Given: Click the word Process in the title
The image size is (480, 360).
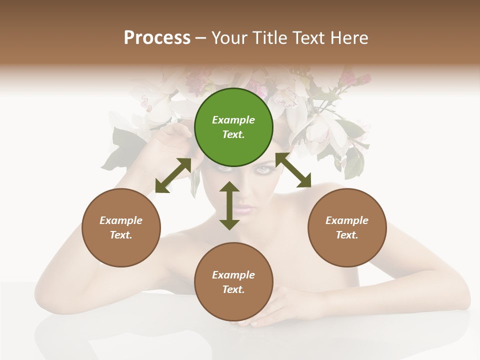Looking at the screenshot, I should coord(157,38).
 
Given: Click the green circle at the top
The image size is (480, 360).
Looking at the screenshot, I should coord(233,100).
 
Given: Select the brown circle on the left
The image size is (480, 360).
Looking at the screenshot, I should coord(121,250).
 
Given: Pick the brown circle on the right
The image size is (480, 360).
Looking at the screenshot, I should coord(347,250).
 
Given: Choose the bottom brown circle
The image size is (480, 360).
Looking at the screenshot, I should coord(233,305).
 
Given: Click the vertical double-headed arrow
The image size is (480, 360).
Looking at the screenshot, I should coord(229,206).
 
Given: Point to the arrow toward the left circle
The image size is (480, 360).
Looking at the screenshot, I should coord(173,175).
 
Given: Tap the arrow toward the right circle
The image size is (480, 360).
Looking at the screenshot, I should coord(293,170).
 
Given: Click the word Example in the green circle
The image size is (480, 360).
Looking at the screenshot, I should coord(233,120).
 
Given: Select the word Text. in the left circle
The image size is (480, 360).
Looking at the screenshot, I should coord(121,235).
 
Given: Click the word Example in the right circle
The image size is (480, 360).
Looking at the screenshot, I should coord(347,220).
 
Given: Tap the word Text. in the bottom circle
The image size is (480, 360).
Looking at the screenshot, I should coord(233,289).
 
